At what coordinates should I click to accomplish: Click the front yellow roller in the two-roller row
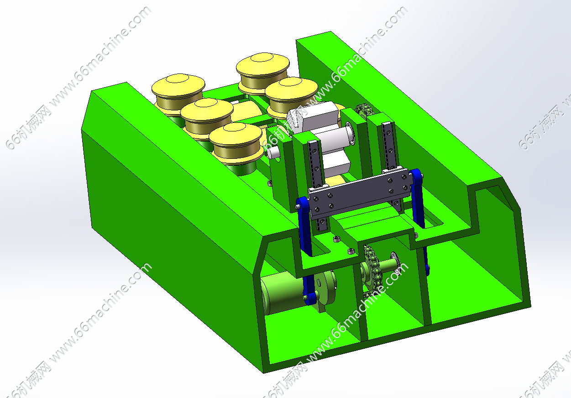point(291,94)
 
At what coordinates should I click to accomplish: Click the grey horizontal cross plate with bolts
point(358,192)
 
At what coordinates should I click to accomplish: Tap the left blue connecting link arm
point(304,228)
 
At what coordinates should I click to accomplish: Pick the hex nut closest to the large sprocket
point(351,251)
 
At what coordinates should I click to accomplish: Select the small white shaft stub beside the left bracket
point(274,151)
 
